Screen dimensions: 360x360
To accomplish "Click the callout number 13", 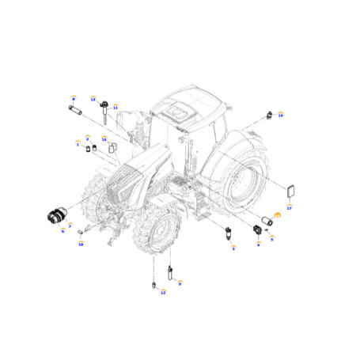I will coord(93,100).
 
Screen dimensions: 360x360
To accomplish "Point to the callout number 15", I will coord(104,139).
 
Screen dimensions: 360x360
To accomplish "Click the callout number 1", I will coord(78,144).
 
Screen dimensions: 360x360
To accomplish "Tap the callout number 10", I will coord(80,244).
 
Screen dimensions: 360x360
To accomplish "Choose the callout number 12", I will coord(164,292).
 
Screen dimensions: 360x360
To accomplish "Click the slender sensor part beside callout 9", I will coord(170,274).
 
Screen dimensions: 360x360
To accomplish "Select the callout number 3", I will coord(233,248).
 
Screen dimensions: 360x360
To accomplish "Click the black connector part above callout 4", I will coord(257,230).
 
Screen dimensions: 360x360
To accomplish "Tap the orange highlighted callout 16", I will coord(278,215).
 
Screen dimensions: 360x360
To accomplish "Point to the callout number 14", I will coord(280,115).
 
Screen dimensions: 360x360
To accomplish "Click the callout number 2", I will coord(88,138).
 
